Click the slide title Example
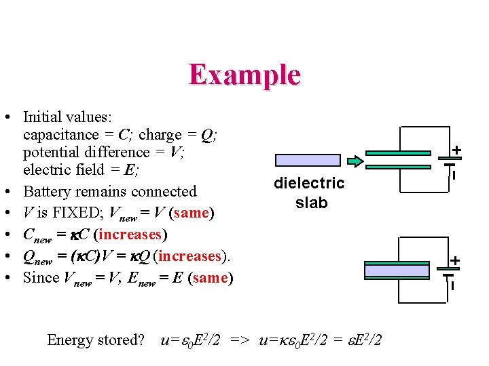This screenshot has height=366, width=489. click(244, 75)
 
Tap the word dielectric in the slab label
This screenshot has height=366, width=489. click(309, 183)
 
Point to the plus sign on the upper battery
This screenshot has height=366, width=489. click(456, 150)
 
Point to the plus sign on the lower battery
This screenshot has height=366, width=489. click(456, 260)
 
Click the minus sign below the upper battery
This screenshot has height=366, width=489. click(454, 175)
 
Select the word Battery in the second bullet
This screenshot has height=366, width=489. click(48, 192)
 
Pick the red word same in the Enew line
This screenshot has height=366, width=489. click(211, 278)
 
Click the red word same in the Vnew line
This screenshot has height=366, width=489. click(192, 213)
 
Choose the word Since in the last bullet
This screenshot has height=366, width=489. click(41, 278)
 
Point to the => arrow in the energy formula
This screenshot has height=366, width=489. click(240, 340)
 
